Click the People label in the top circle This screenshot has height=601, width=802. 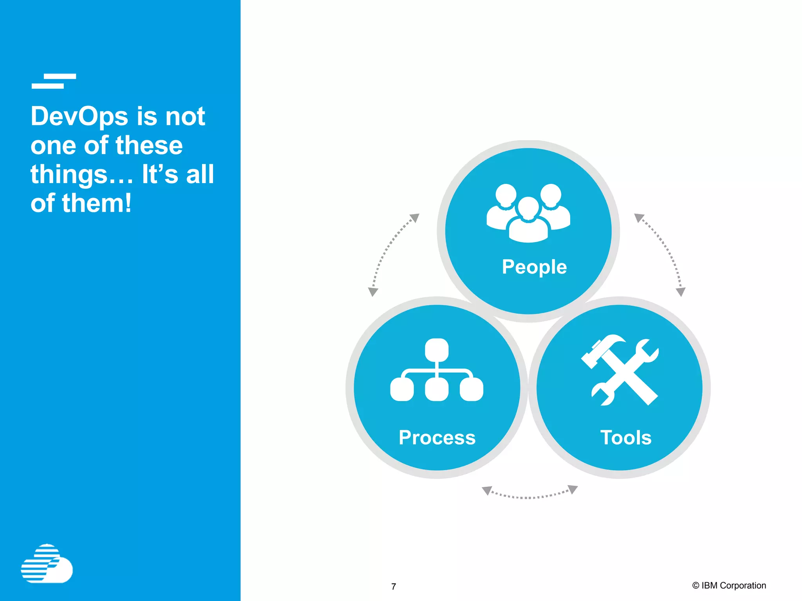pos(534,267)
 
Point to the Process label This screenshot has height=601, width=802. pos(437,437)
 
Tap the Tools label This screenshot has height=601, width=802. pos(626,437)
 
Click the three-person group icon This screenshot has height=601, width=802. pos(528,213)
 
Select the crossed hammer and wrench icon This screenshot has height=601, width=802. pos(620,370)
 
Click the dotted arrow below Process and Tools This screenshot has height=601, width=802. pos(529,495)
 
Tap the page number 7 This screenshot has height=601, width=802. pos(394,587)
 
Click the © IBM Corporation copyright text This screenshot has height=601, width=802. pos(729,585)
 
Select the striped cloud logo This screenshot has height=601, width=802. pos(47,564)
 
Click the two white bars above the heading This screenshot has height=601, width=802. pos(54,81)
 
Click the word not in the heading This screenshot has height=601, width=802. pos(185,117)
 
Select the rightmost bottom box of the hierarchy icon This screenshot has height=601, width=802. pos(471,389)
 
